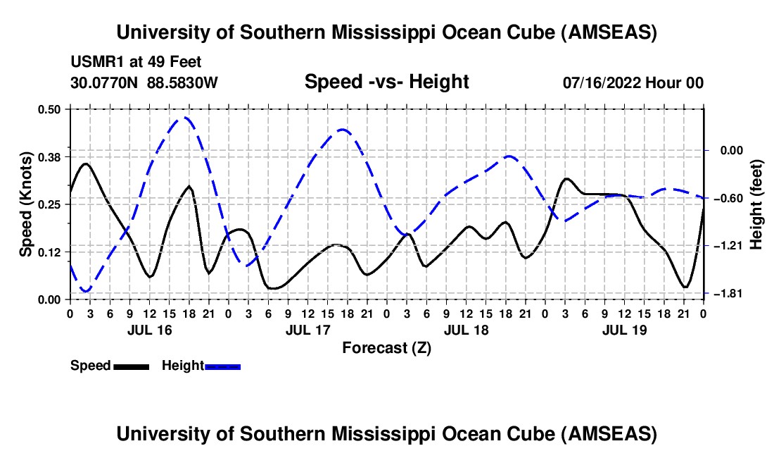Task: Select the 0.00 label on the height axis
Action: point(725,150)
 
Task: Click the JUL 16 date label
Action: point(149,329)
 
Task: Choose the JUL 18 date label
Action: point(466,329)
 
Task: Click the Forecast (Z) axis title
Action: point(386,347)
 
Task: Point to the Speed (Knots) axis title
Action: point(26,204)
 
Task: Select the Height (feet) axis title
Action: point(756,204)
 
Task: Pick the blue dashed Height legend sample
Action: point(223,366)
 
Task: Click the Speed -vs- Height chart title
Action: point(386,82)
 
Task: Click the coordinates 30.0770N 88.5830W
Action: point(144,82)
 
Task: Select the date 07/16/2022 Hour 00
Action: point(633,82)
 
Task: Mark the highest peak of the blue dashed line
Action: point(185,118)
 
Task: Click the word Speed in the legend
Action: point(91,366)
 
